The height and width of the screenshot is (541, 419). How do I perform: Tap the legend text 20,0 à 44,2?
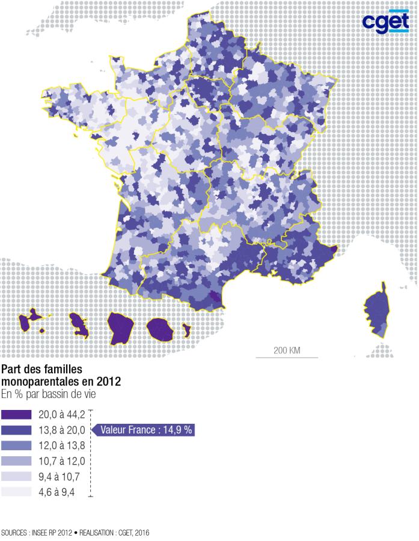[62, 414]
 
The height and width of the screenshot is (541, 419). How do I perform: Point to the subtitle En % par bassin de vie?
[48, 394]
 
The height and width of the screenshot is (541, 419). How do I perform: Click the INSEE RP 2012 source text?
[50, 533]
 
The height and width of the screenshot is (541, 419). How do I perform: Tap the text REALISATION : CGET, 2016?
[114, 533]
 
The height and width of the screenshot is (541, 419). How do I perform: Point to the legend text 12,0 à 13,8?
[62, 445]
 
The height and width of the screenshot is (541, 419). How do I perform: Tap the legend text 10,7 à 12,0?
[62, 461]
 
